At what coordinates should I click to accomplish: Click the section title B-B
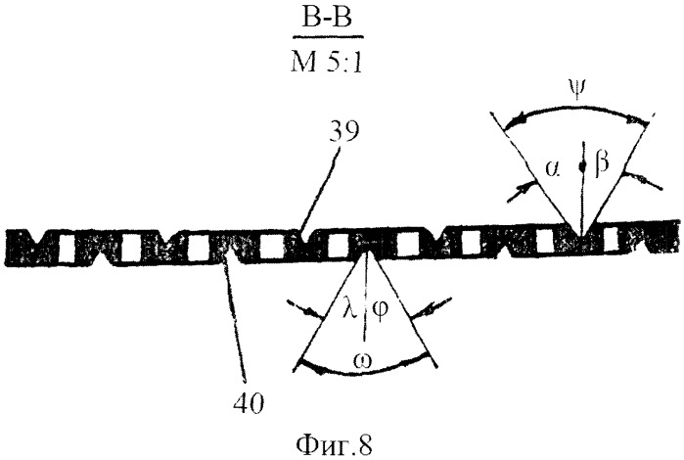coord(326,20)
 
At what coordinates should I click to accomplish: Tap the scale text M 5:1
coord(326,63)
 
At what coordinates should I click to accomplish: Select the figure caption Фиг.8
coord(335,445)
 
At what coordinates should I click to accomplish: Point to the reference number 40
coord(249,403)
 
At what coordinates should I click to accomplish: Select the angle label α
coord(551,168)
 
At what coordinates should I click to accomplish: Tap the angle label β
coord(602,165)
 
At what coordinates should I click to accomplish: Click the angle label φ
coord(380,311)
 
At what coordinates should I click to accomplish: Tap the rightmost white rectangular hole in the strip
coord(544,242)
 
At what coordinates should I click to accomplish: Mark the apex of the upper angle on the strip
coord(581,238)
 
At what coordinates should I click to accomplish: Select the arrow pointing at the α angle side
coord(522,191)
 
